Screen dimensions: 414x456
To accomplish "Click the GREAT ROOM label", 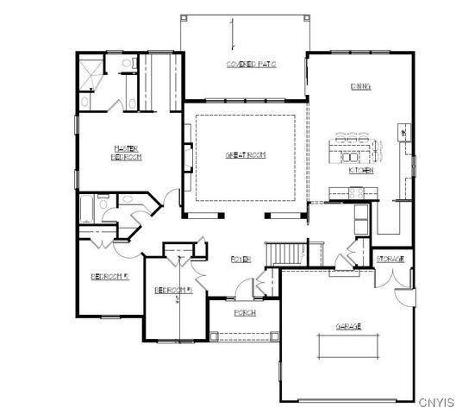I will point(246,155).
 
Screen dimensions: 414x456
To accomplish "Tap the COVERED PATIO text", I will point(251,65).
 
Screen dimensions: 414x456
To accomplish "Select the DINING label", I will point(360,86).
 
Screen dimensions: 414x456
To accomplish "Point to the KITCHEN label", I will point(360,171).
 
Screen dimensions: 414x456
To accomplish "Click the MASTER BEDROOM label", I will point(126,153).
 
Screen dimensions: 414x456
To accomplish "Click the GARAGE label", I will point(348,326).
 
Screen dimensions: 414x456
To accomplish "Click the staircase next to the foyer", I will point(287,253).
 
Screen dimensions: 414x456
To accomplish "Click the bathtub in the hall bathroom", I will point(87,210).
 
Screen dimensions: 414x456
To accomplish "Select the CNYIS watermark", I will point(435,403).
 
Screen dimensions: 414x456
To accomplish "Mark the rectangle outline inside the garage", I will point(348,347).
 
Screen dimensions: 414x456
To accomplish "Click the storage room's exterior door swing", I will point(401,293).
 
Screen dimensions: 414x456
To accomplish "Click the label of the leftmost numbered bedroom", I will point(109,278).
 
